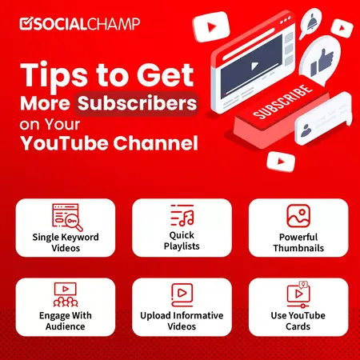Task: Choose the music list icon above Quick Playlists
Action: pyautogui.click(x=182, y=215)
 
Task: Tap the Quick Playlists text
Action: pyautogui.click(x=182, y=242)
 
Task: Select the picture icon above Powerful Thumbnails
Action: pyautogui.click(x=298, y=217)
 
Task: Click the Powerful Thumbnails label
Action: pyautogui.click(x=298, y=242)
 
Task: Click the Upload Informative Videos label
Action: pyautogui.click(x=182, y=320)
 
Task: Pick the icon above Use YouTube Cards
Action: pyautogui.click(x=298, y=294)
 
